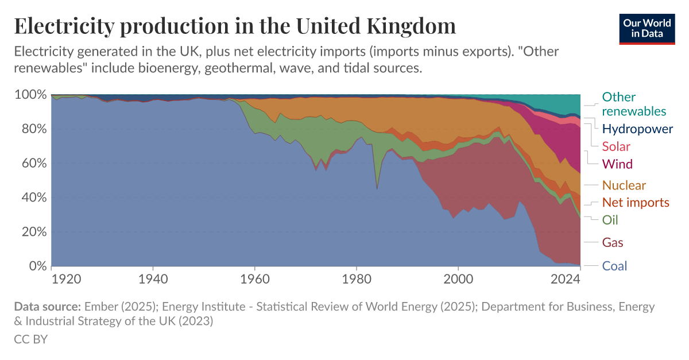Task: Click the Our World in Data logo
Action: (647, 27)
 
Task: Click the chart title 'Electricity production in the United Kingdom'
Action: (235, 26)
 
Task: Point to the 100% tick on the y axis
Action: (29, 95)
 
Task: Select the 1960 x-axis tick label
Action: (255, 280)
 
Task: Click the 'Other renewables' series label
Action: (634, 104)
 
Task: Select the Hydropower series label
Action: (637, 129)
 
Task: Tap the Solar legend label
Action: (616, 146)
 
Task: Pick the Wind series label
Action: (617, 164)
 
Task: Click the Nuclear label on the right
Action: (624, 185)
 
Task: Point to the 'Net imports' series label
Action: (636, 202)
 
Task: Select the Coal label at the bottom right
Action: (614, 266)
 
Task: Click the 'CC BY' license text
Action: (30, 339)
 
